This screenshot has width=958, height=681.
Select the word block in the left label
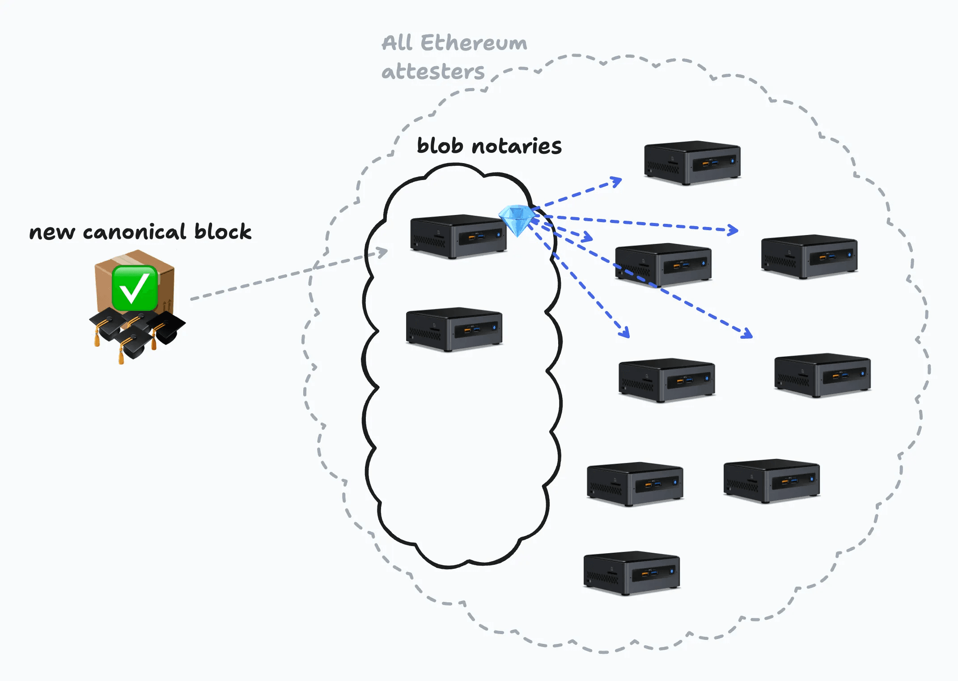223,231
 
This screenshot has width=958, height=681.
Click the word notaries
517,147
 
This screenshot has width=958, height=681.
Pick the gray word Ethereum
474,43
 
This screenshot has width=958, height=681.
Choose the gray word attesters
432,71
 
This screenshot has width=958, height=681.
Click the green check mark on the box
134,288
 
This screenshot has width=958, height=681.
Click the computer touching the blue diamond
458,237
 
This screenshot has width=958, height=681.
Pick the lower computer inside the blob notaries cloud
454,330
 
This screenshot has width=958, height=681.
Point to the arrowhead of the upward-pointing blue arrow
617,181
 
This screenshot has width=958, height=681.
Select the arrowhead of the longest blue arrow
747,334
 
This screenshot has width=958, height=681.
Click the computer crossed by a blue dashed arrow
663,265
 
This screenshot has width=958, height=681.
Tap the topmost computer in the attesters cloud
692,163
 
